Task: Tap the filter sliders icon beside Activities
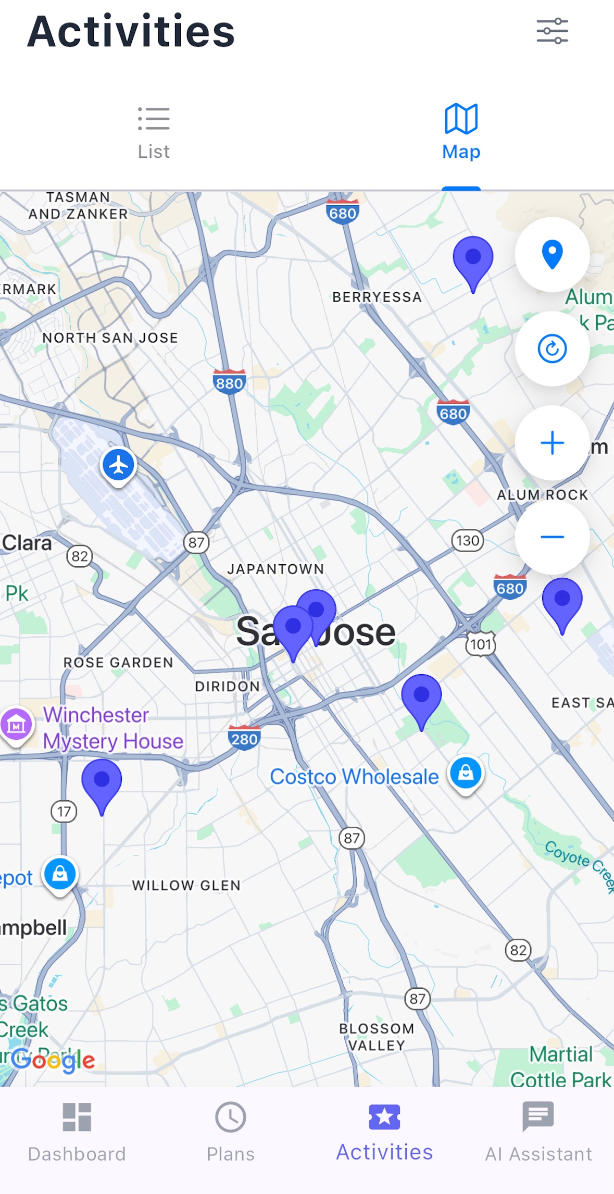pos(552,31)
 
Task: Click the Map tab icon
pos(461,119)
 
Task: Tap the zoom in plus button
pos(552,443)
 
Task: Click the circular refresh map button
pos(552,349)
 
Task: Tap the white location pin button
pos(552,254)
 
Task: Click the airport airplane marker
pos(119,464)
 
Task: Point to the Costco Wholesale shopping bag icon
pos(466,772)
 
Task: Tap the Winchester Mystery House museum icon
pos(17,724)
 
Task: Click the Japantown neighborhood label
pos(275,569)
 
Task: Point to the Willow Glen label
pos(186,885)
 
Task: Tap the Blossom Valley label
pos(377,1037)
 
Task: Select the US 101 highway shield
pos(480,644)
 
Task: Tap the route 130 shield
pos(467,541)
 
